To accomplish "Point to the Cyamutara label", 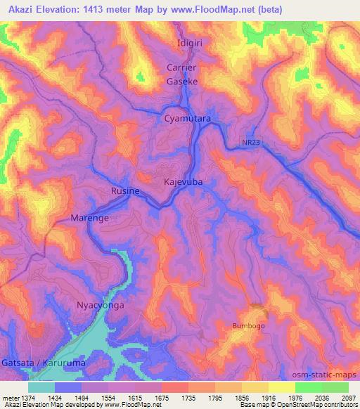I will pyautogui.click(x=188, y=119).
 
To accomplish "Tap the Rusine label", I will pyautogui.click(x=125, y=191).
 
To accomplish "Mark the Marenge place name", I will pyautogui.click(x=89, y=219).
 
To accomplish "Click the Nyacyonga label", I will pyautogui.click(x=99, y=306).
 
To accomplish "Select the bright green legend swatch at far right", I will pyautogui.click(x=335, y=387).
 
